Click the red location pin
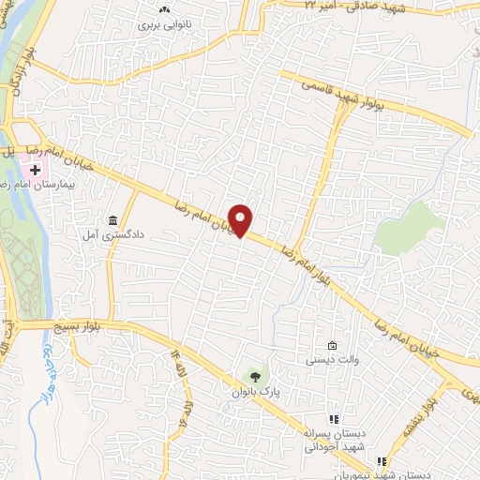(242, 219)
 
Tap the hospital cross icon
(35, 170)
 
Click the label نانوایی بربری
(166, 25)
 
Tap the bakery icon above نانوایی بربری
(165, 9)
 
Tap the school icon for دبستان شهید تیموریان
(381, 461)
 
